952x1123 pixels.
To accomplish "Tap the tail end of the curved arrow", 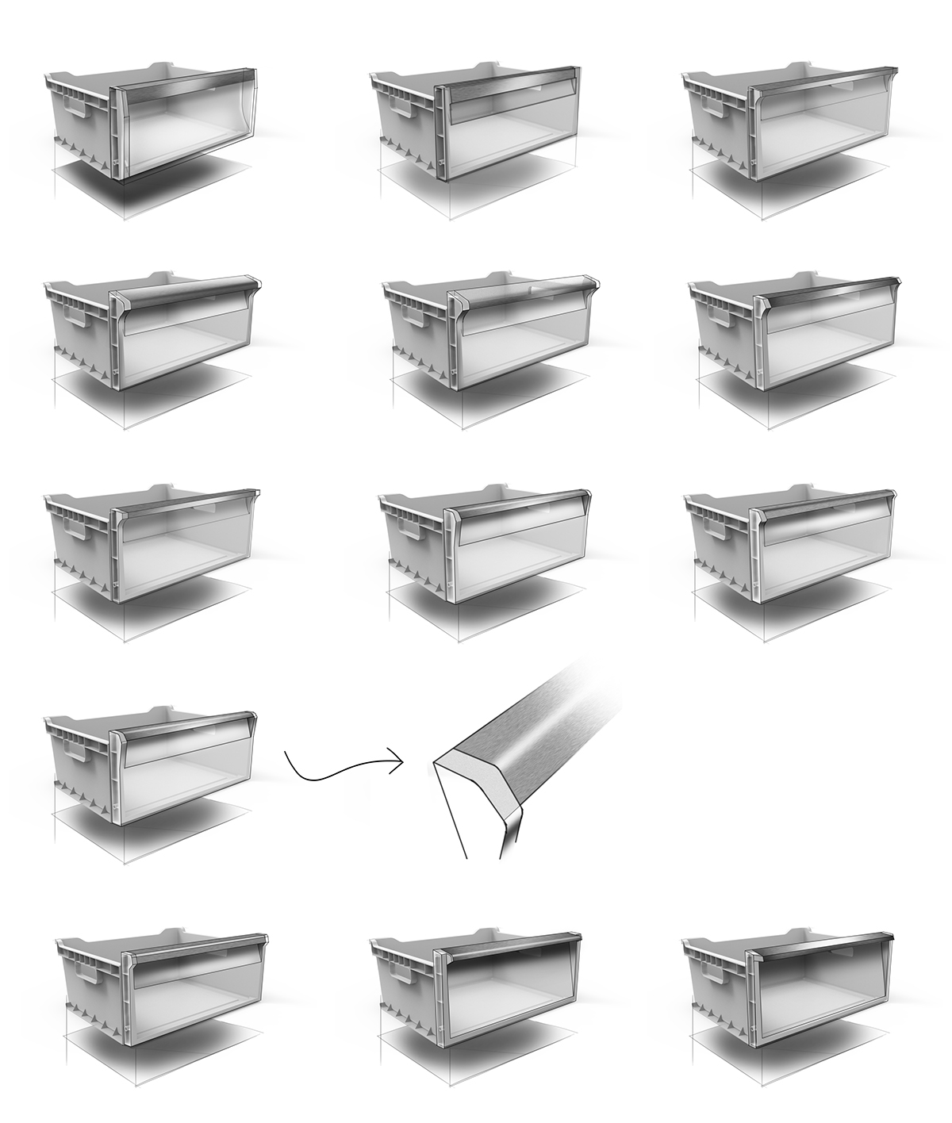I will click(x=286, y=754).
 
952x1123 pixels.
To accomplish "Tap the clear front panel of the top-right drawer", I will click(x=825, y=135).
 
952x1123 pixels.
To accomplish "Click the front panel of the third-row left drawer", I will click(x=186, y=547).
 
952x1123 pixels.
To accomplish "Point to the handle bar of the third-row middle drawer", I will click(x=520, y=508).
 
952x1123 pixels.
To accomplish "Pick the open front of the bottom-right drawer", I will click(x=825, y=991).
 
